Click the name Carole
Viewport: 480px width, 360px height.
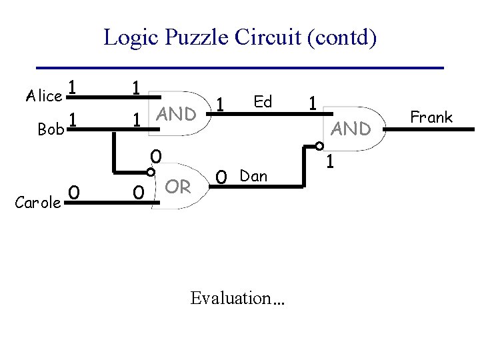pyautogui.click(x=39, y=203)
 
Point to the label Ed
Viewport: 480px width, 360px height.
pyautogui.click(x=263, y=101)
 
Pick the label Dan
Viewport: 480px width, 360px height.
pyautogui.click(x=253, y=176)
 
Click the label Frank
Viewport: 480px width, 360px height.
pyautogui.click(x=431, y=117)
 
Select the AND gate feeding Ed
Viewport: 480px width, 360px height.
pyautogui.click(x=176, y=114)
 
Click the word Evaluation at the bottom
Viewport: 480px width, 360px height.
pyautogui.click(x=237, y=298)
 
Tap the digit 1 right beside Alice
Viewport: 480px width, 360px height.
pyautogui.click(x=73, y=88)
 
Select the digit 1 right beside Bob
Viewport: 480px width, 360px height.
pyautogui.click(x=75, y=120)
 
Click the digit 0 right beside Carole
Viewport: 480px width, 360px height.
pyautogui.click(x=75, y=192)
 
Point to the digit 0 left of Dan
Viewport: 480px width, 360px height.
pyautogui.click(x=223, y=177)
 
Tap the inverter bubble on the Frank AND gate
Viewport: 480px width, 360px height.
pyautogui.click(x=319, y=146)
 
